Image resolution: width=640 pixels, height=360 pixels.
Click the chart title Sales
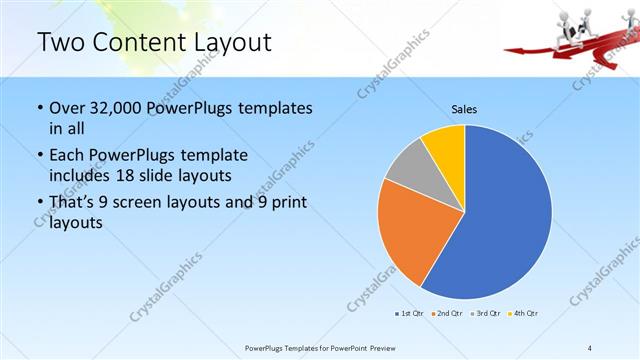coord(464,108)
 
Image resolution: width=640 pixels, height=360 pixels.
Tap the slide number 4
coord(590,347)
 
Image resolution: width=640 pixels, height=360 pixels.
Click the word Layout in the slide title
coord(228,42)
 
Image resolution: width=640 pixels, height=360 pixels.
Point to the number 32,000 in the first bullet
coord(115,108)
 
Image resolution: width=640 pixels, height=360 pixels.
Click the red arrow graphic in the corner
coord(560,45)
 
